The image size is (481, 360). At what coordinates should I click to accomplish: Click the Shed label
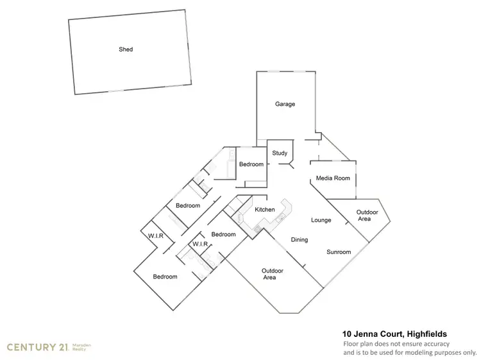coord(126,49)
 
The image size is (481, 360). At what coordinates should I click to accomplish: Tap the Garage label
coord(285,104)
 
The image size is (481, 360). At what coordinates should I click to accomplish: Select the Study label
coord(280,153)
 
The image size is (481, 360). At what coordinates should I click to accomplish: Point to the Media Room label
coord(333,178)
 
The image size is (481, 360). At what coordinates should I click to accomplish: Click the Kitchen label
coord(265,210)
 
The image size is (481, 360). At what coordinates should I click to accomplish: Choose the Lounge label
coord(321,220)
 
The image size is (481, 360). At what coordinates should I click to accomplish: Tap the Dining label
coord(300,240)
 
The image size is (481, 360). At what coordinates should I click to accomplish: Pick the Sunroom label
coord(338,252)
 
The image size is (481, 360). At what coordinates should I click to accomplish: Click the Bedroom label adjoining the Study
coord(251,164)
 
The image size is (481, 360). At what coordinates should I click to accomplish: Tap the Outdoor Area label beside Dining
coord(273,274)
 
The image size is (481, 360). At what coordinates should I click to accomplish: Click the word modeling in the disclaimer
coord(409,352)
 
